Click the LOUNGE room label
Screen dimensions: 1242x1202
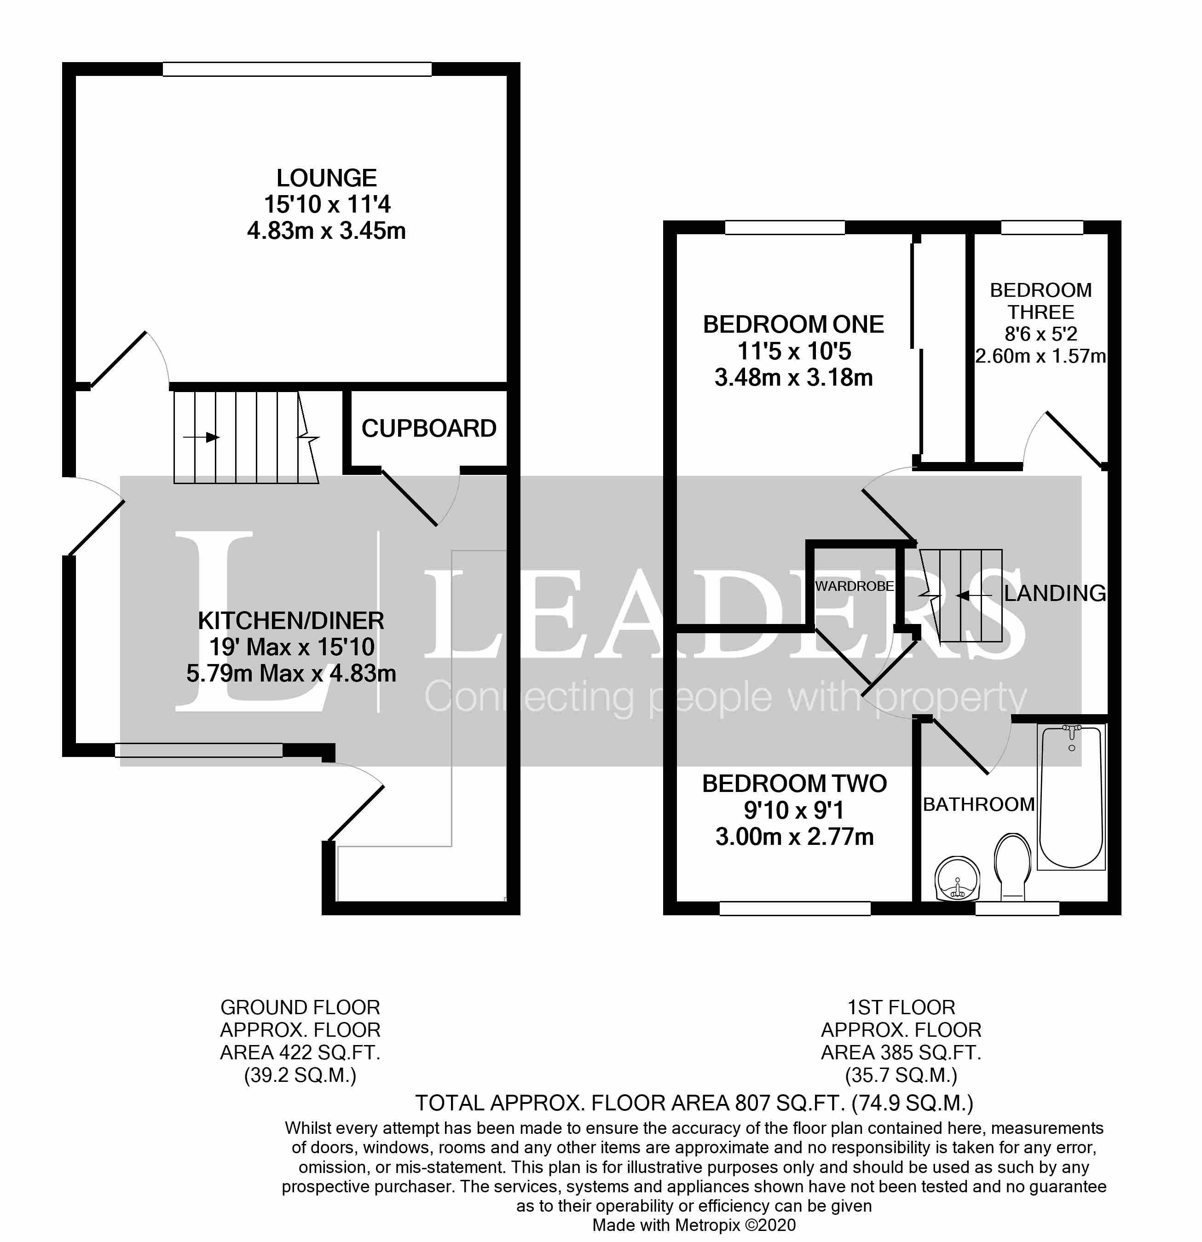click(x=326, y=178)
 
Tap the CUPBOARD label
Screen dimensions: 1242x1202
click(x=428, y=429)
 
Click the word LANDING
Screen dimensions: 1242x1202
click(x=1055, y=593)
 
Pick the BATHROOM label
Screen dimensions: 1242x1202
click(x=978, y=804)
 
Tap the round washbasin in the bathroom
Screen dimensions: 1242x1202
click(x=957, y=878)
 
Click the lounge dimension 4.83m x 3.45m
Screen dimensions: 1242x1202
click(x=326, y=231)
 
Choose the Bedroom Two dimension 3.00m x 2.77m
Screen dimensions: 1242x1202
click(x=794, y=837)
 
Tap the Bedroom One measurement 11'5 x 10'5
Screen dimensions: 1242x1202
click(x=794, y=351)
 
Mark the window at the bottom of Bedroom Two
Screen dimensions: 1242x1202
click(x=795, y=908)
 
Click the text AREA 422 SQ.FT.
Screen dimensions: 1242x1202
click(x=300, y=1052)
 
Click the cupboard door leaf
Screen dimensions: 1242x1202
click(x=409, y=498)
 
